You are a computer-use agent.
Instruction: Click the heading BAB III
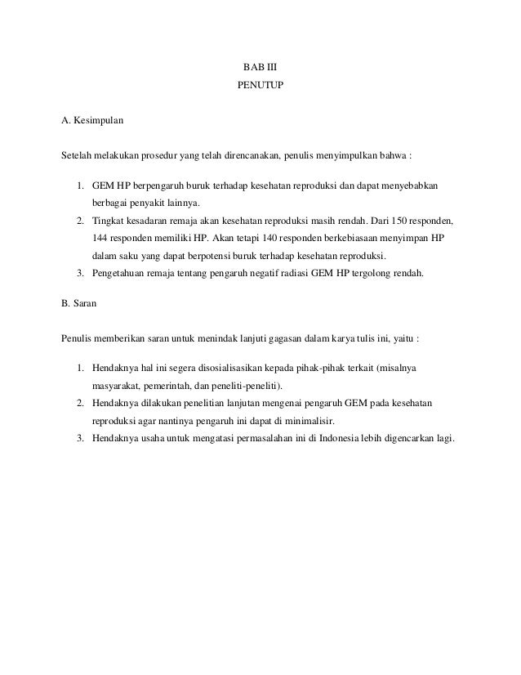(x=260, y=65)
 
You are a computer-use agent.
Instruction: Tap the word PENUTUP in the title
(x=260, y=84)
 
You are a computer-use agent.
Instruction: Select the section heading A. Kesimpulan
(x=92, y=122)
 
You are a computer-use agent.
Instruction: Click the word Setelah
(x=77, y=155)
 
